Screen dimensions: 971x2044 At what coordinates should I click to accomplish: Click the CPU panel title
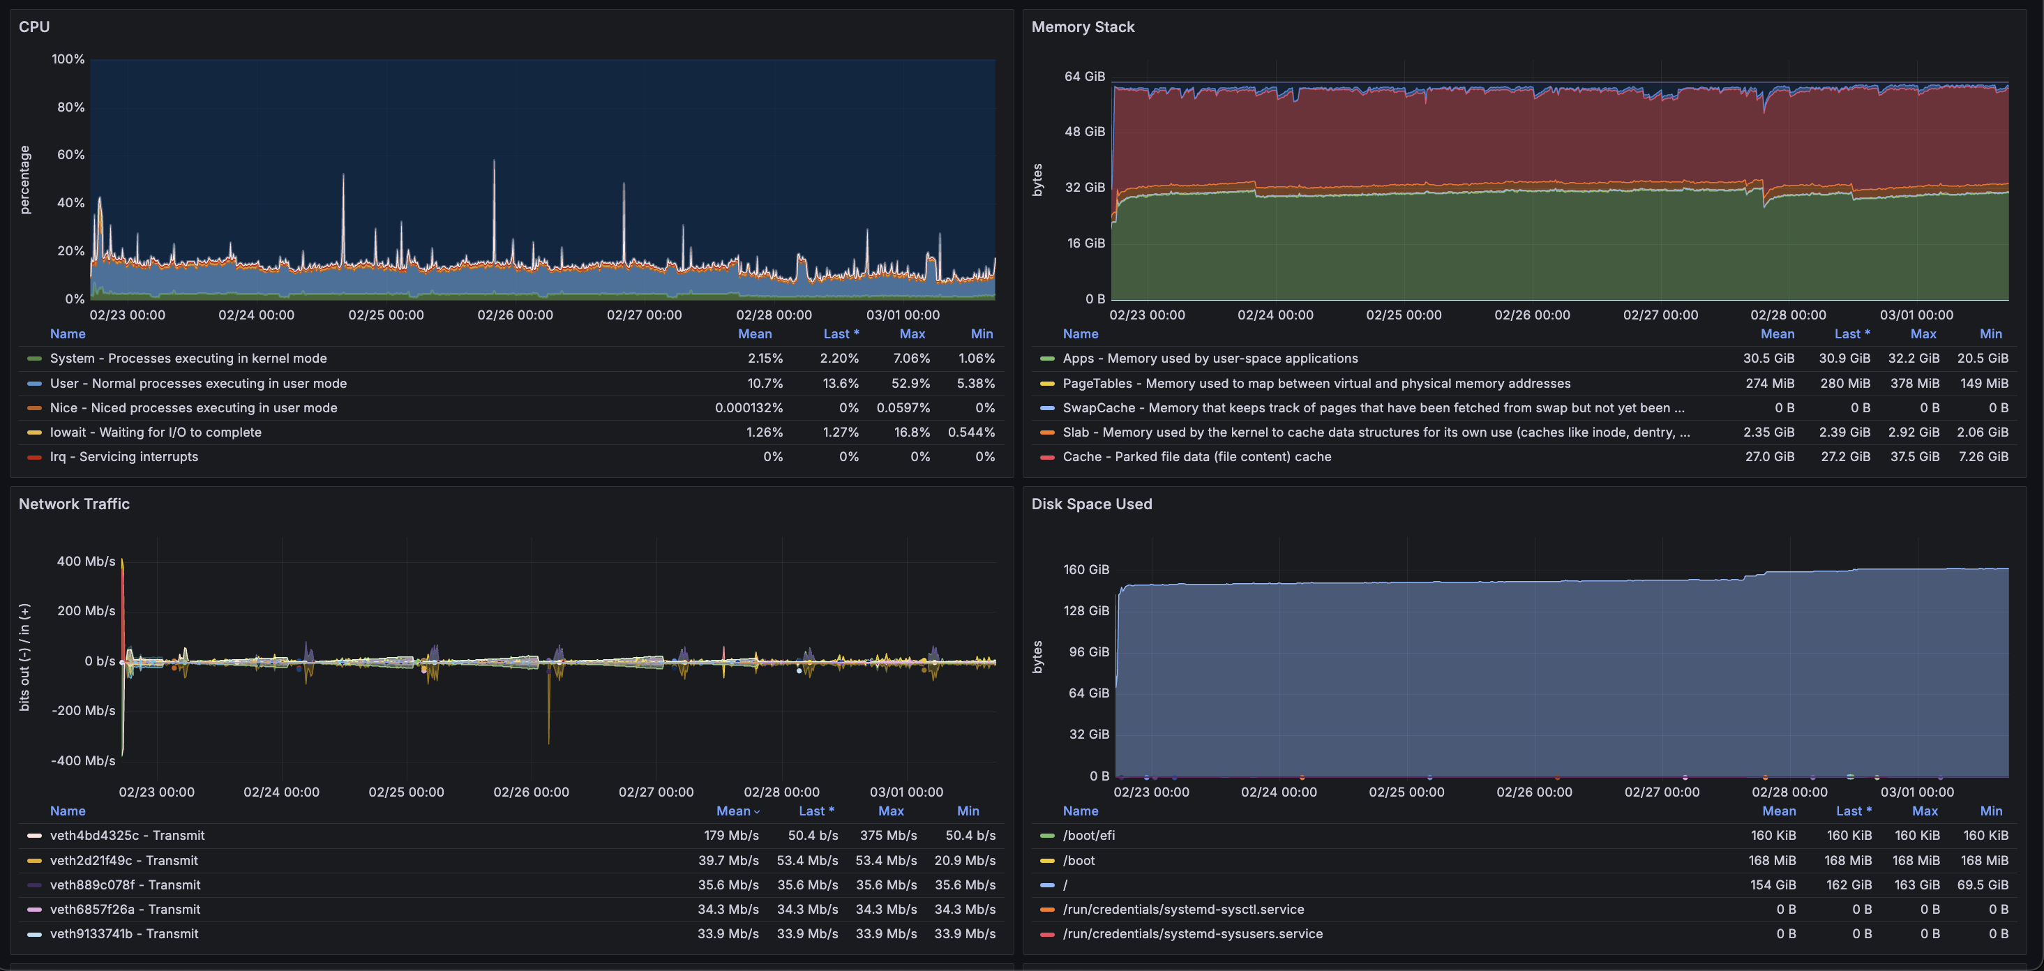point(34,27)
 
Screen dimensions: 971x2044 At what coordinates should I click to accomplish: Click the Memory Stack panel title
point(1082,27)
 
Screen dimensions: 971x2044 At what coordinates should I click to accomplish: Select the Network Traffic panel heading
point(74,504)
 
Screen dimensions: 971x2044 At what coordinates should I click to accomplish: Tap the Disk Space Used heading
point(1091,504)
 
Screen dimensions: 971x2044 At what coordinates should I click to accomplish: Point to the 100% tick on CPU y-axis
point(68,59)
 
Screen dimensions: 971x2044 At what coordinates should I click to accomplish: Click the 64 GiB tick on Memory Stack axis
point(1084,76)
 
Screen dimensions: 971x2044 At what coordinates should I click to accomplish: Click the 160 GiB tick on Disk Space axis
point(1085,570)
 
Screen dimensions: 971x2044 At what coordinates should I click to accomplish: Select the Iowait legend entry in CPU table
point(156,432)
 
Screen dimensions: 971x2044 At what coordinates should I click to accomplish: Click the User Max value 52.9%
point(911,383)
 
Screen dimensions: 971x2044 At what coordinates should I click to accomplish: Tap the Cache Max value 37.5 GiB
point(1914,457)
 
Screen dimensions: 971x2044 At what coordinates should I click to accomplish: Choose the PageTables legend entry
point(1316,383)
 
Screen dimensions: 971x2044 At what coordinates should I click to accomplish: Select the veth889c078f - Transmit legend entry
point(125,885)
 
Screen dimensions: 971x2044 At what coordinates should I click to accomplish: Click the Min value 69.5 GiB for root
point(1982,885)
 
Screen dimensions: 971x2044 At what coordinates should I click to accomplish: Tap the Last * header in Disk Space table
point(1853,811)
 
